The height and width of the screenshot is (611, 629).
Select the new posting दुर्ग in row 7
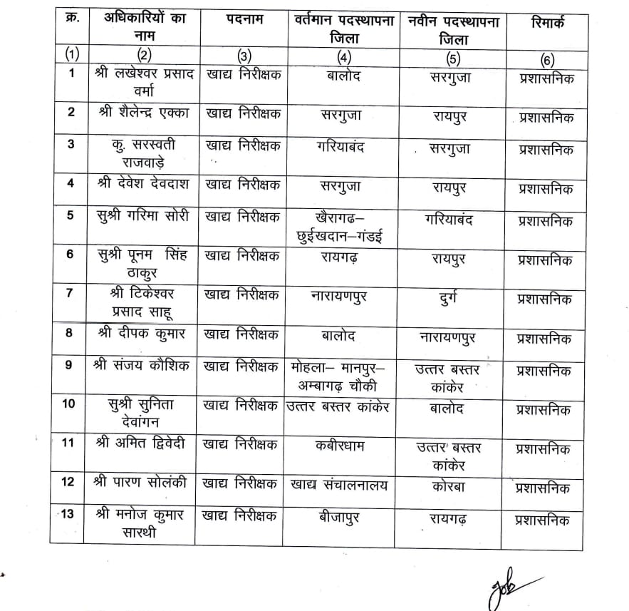pyautogui.click(x=448, y=297)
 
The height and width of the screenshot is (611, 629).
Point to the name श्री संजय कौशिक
pyautogui.click(x=142, y=366)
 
